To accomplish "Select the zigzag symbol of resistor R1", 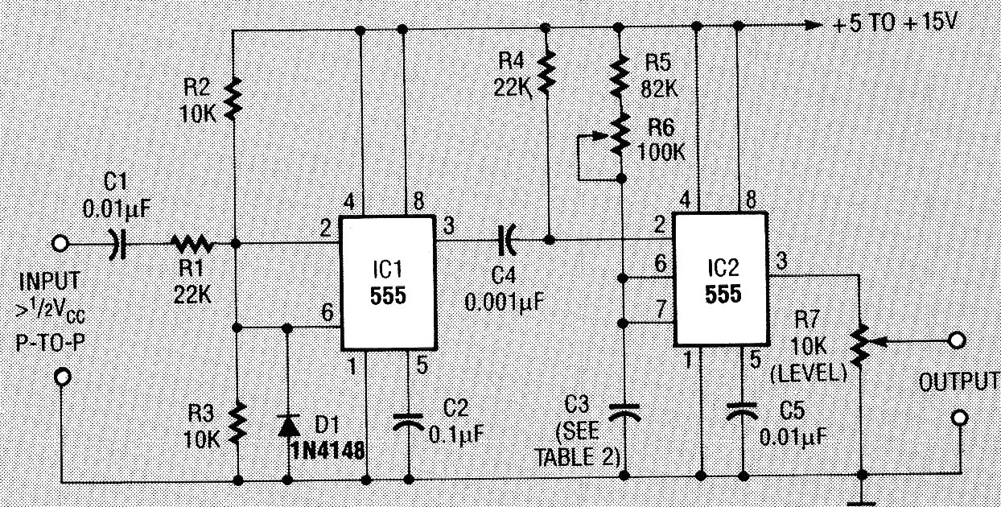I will [x=192, y=241].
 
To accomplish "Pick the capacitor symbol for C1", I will [x=117, y=241].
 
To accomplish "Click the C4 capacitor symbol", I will [x=507, y=239].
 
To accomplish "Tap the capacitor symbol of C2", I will [x=410, y=420].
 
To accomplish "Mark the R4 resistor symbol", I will [x=547, y=72].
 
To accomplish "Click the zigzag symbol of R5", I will [x=620, y=74].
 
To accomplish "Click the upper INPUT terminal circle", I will [x=60, y=241].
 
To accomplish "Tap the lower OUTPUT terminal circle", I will [x=958, y=418].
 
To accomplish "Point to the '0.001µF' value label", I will [x=505, y=303].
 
